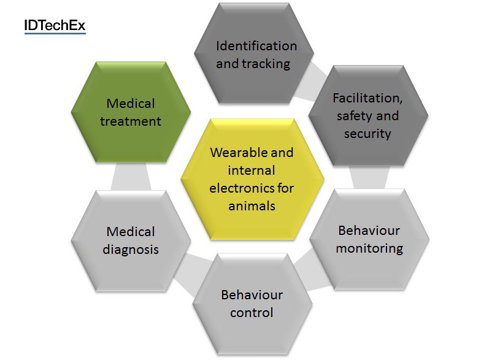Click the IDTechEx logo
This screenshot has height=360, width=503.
point(55,26)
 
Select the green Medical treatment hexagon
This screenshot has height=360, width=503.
point(131,112)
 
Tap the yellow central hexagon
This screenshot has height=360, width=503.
point(252,179)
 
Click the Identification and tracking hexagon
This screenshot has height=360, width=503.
point(254,53)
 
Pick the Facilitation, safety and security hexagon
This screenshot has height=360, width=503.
point(368,115)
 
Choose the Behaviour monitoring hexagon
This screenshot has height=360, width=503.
point(369,239)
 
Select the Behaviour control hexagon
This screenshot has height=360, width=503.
point(252,304)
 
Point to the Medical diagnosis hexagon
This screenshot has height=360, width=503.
point(131,241)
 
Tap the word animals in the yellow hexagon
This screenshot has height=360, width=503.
point(252,206)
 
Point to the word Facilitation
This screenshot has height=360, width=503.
point(367,98)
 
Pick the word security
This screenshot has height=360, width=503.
point(367,134)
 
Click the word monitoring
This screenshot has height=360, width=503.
point(369,248)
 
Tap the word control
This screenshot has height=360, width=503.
point(252,313)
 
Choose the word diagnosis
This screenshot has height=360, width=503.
point(131,250)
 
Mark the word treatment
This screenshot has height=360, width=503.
point(131,121)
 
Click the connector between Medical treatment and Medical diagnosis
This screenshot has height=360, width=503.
point(131,177)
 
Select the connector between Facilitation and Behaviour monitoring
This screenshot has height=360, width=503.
point(369,177)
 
